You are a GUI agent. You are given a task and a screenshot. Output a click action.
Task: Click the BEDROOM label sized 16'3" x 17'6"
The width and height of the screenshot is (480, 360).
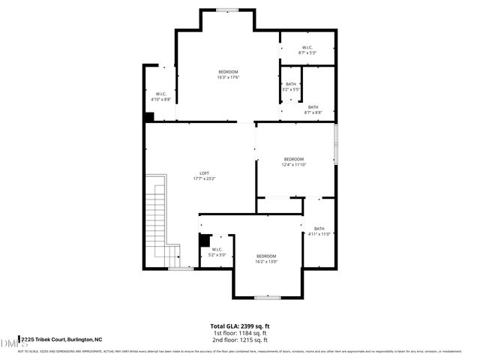click(x=227, y=74)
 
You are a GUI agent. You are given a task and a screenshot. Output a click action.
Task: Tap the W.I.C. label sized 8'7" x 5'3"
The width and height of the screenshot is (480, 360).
click(x=307, y=49)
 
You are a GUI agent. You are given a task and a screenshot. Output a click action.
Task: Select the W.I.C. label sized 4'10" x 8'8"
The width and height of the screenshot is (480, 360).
click(x=160, y=96)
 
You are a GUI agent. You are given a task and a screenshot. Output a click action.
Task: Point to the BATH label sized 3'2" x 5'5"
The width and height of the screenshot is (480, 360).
click(x=291, y=86)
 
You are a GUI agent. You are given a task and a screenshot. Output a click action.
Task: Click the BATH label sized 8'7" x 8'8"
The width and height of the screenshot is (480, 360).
click(x=313, y=109)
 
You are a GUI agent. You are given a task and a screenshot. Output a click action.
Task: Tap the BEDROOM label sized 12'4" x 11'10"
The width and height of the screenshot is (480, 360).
click(x=293, y=162)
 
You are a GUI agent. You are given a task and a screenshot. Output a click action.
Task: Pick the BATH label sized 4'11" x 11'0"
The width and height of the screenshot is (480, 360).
click(x=319, y=232)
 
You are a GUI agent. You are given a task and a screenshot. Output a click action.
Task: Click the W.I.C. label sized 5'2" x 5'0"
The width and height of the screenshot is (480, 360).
click(x=217, y=252)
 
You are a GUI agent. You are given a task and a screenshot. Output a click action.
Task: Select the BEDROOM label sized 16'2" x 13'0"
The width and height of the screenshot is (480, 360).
click(x=266, y=259)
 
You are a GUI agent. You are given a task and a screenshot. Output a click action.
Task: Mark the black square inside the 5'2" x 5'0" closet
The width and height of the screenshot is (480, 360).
click(x=202, y=241)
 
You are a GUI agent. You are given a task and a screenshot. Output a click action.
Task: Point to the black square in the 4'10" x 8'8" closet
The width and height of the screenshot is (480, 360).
click(x=149, y=117)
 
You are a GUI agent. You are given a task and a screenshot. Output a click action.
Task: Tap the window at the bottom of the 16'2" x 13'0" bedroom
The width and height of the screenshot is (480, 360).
click(x=266, y=298)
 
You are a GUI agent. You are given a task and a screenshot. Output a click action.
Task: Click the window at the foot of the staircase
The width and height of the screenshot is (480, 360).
click(x=180, y=268)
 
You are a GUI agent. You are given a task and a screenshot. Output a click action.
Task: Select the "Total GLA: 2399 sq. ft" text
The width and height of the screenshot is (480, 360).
click(x=240, y=326)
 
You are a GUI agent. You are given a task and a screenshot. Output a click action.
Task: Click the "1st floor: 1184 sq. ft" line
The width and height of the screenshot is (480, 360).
click(x=240, y=333)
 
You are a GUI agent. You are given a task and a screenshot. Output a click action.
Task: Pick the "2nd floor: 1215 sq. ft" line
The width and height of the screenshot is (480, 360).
click(x=240, y=340)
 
